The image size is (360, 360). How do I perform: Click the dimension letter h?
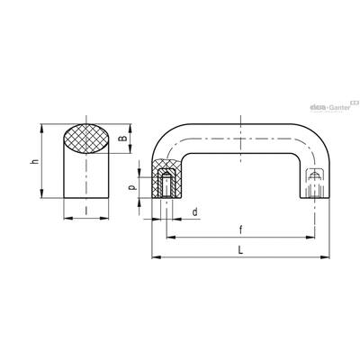coord(36,161)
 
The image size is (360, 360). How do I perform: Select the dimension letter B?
coord(122,139)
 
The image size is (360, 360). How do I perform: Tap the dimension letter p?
coord(132,187)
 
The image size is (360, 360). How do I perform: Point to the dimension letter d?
coord(195,212)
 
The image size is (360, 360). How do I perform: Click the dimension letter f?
coord(240,230)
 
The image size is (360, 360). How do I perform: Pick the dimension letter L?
coord(240,250)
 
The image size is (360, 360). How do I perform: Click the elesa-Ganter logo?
coord(334,106)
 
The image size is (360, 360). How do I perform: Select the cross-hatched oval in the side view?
coord(86,139)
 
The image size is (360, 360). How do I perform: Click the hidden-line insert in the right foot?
coord(314,183)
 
